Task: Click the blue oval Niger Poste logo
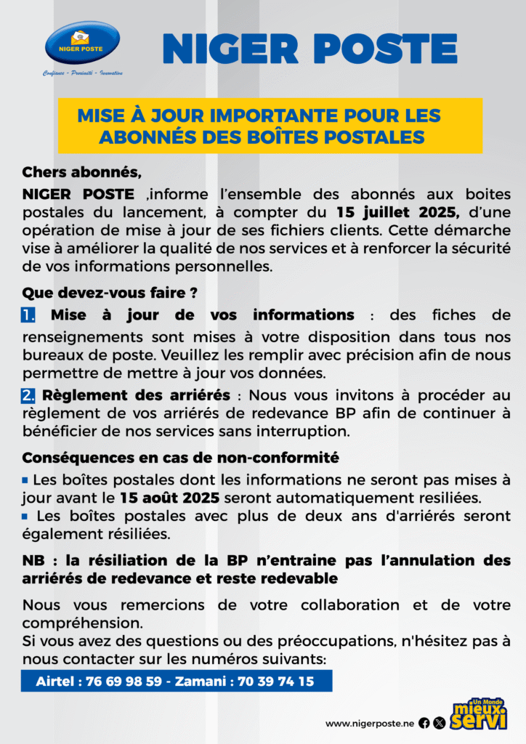tap(82, 43)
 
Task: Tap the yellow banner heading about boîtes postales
tap(270, 126)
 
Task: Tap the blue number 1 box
tap(29, 316)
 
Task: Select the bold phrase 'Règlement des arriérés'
tap(137, 396)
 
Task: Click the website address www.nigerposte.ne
tap(369, 723)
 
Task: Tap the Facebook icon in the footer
tap(424, 723)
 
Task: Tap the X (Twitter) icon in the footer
tap(439, 723)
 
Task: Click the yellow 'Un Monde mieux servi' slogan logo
tap(479, 713)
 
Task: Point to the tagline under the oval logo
tap(82, 73)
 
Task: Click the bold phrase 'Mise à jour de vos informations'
tap(203, 315)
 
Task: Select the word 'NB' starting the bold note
tap(33, 562)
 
